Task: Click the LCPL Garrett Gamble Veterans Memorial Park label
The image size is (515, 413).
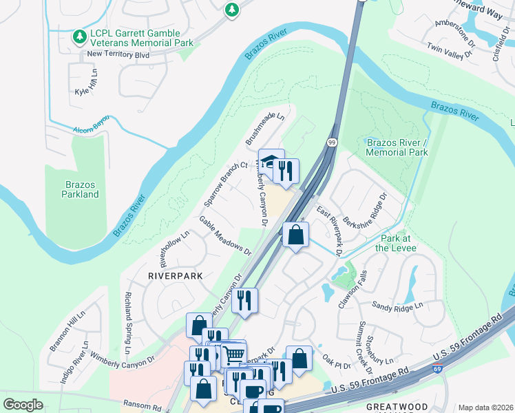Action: point(134,39)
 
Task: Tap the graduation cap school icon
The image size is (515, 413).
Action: point(271,161)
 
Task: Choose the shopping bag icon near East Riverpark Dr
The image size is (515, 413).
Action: point(295,235)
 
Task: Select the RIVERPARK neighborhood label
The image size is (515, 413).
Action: point(175,275)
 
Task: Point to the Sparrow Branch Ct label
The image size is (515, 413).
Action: point(225,185)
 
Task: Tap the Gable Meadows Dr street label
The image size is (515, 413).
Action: point(225,235)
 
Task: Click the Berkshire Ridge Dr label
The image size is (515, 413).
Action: point(366,206)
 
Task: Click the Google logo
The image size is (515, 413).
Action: point(23,404)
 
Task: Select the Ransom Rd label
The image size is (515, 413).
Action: point(142,405)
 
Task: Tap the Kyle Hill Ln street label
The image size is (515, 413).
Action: point(86,82)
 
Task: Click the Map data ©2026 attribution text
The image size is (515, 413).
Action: point(485,407)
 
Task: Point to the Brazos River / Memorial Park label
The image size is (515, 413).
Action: point(397,147)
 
